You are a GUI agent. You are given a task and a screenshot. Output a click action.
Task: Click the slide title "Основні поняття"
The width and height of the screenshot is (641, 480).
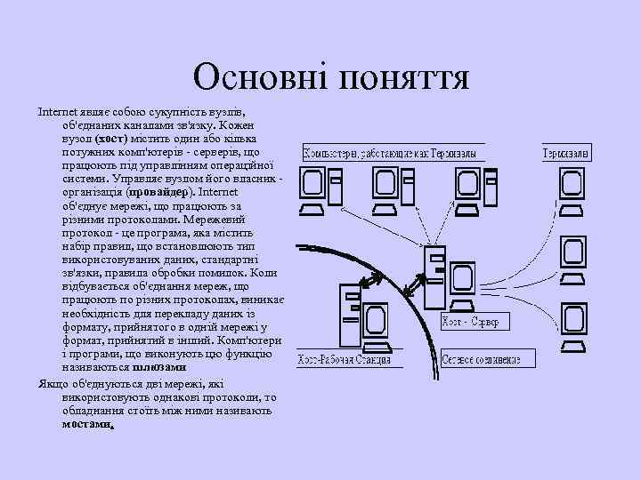click(330, 78)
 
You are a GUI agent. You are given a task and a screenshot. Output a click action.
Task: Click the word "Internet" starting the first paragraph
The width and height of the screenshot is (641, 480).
click(55, 114)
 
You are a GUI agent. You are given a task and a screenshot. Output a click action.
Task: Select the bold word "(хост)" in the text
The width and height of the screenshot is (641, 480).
click(111, 139)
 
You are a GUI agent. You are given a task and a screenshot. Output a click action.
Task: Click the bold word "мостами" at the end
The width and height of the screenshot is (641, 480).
click(88, 424)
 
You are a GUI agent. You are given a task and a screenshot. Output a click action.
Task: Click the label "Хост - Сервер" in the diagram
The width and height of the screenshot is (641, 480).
click(473, 321)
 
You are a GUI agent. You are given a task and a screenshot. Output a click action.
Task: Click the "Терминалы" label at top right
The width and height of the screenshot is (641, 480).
click(566, 155)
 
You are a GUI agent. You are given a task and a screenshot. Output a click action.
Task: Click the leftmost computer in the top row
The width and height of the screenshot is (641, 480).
click(313, 188)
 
